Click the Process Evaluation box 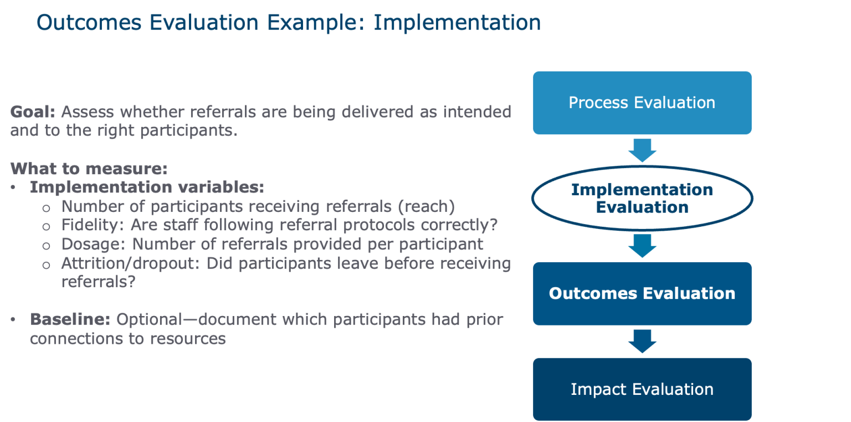tap(642, 103)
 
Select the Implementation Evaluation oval tap(642, 198)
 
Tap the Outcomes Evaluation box tap(642, 293)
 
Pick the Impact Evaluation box tap(642, 389)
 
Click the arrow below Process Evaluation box tap(642, 150)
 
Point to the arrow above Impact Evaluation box tap(642, 341)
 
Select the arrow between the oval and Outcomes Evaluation tap(642, 246)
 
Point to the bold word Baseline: tap(70, 320)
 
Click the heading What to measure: tap(89, 169)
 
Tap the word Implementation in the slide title tap(457, 23)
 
